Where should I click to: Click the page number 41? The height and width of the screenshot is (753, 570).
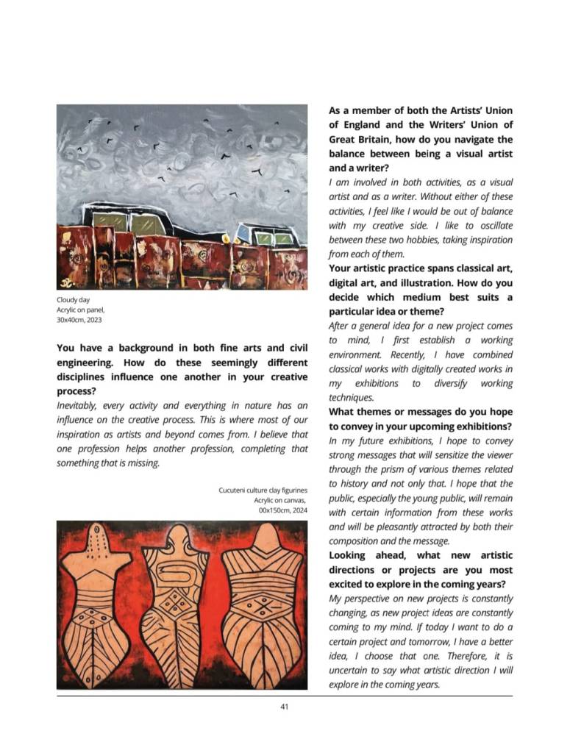click(x=284, y=707)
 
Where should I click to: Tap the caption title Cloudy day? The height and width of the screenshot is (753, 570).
click(x=74, y=300)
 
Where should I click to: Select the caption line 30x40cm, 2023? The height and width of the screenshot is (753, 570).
click(x=79, y=320)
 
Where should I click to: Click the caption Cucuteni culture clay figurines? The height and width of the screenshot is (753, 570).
click(x=263, y=490)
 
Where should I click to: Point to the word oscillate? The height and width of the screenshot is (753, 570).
click(x=492, y=226)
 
